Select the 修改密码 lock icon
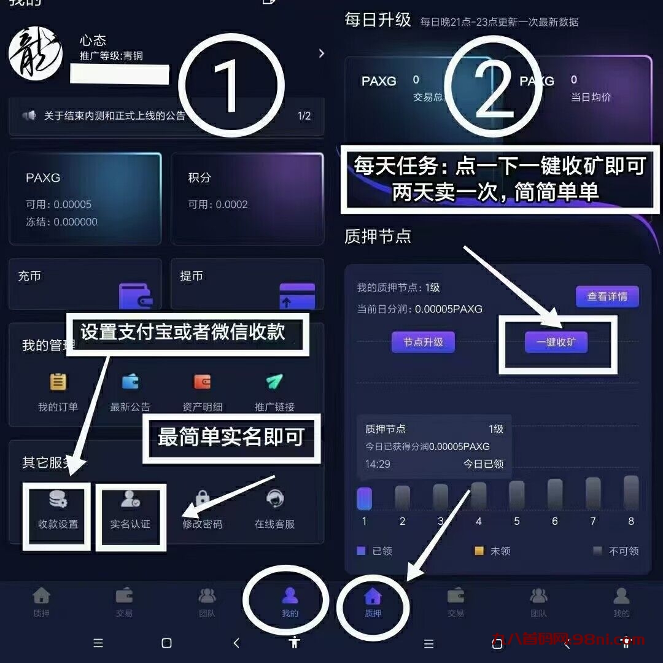tap(202, 498)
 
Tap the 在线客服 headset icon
tap(274, 498)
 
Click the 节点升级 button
tap(423, 342)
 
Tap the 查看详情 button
tap(607, 297)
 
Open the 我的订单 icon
tap(58, 382)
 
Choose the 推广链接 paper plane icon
tap(274, 382)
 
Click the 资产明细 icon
tap(202, 382)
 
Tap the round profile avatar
tap(36, 53)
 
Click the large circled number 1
tap(232, 85)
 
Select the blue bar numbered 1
tap(364, 498)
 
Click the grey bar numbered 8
tap(630, 493)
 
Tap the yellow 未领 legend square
tap(479, 551)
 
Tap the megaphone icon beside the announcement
tap(29, 115)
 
